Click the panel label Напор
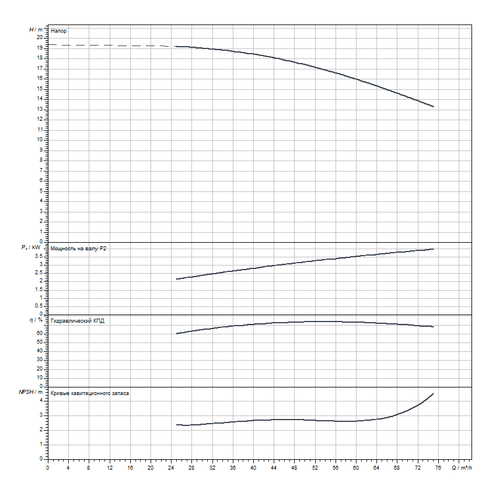tap(59, 30)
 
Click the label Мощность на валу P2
tap(79, 249)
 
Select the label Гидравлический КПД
tap(78, 321)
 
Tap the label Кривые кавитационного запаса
tap(90, 393)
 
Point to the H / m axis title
tap(36, 29)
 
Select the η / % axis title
tap(36, 320)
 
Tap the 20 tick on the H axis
tap(40, 37)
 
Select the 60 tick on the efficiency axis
tap(40, 333)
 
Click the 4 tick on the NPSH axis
tap(41, 400)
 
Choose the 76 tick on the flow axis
tap(438, 467)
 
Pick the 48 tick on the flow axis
tap(295, 467)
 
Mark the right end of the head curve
tap(434, 106)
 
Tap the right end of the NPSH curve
tap(434, 393)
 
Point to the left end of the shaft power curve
tap(176, 280)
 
